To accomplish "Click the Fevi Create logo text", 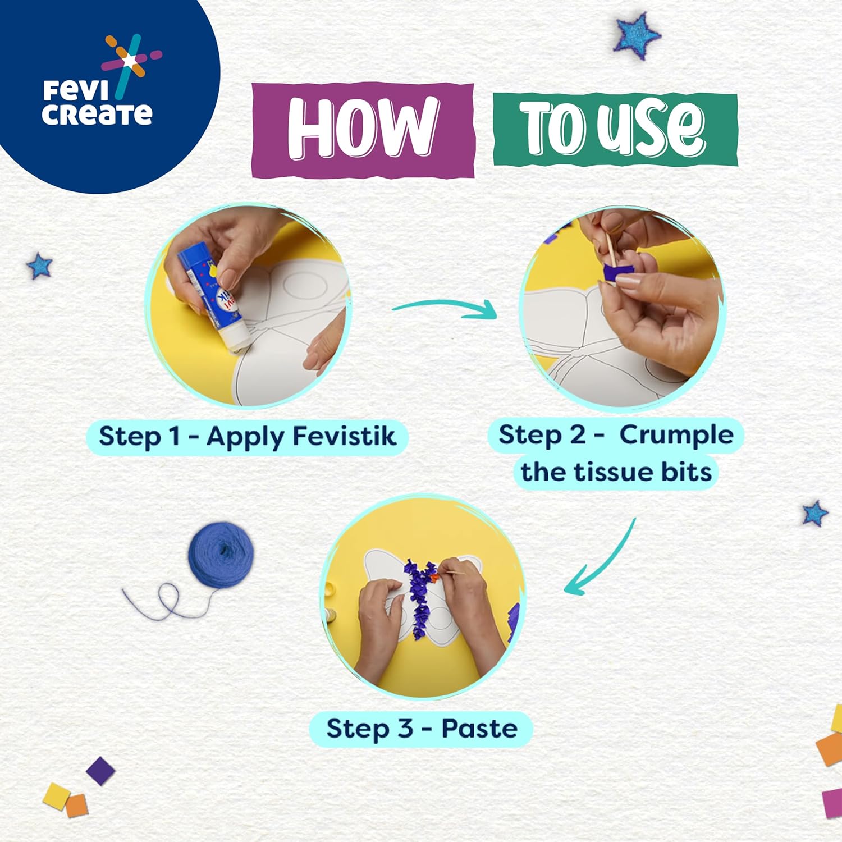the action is (97, 103).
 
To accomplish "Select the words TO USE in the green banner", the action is (612, 128).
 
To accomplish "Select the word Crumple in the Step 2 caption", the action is (676, 436).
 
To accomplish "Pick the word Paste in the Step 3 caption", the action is (479, 728).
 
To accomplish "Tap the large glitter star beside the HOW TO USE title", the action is (637, 36).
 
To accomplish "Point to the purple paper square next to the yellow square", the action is (100, 771).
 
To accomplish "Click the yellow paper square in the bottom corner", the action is (56, 796).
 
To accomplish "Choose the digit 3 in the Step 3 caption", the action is (405, 728).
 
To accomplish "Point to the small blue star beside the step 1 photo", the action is (39, 266).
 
